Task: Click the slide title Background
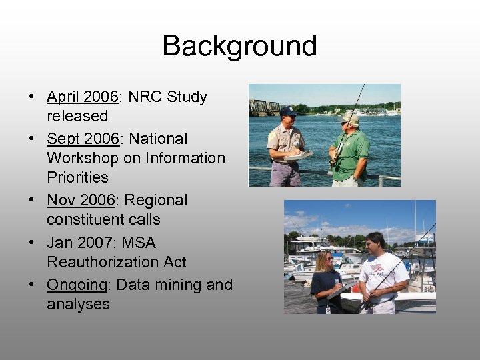coord(239,46)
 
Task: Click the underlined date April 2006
coord(82,97)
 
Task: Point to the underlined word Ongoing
coord(77,285)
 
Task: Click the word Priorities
coord(77,177)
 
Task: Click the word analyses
coord(77,305)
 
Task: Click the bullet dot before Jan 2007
coord(32,243)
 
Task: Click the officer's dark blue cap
coord(288,111)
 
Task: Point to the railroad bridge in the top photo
coord(267,107)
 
